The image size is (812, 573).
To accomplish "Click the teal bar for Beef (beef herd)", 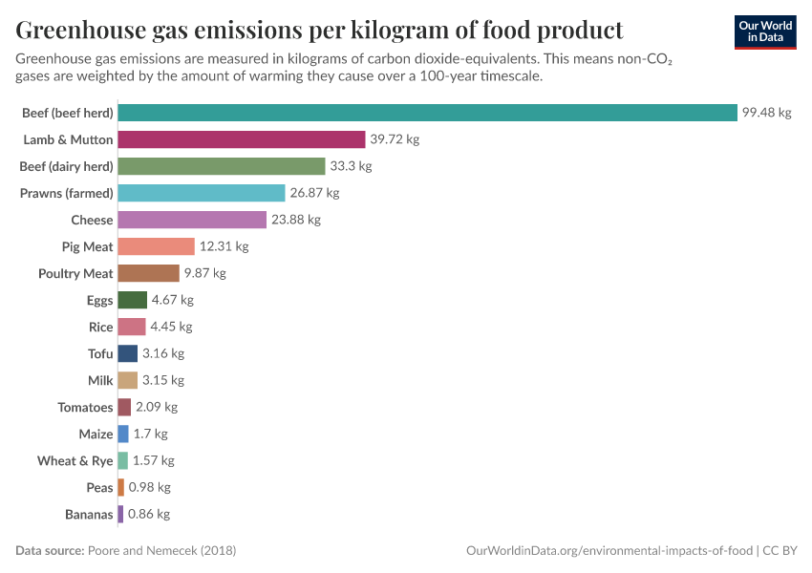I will pyautogui.click(x=427, y=113).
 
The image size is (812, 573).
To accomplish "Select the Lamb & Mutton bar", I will pyautogui.click(x=242, y=139).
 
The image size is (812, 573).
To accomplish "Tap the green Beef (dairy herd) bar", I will pyautogui.click(x=222, y=166).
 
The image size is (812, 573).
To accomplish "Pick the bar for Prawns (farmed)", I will pyautogui.click(x=202, y=193).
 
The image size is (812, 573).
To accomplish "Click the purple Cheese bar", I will pyautogui.click(x=192, y=220).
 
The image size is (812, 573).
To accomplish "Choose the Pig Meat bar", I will pyautogui.click(x=157, y=246).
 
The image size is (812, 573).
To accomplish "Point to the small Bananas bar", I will pyautogui.click(x=120, y=514).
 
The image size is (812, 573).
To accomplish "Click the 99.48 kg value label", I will pyautogui.click(x=767, y=113).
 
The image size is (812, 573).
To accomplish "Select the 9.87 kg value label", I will pyautogui.click(x=204, y=273).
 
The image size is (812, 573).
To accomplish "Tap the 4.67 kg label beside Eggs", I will pyautogui.click(x=172, y=300).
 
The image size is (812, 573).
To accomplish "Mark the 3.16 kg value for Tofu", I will pyautogui.click(x=162, y=353).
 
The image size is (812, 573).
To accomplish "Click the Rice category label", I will pyautogui.click(x=100, y=327).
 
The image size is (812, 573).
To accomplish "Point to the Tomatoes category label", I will pyautogui.click(x=85, y=407).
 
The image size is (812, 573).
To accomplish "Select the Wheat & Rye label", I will pyautogui.click(x=75, y=460).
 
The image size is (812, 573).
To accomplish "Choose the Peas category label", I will pyautogui.click(x=99, y=487).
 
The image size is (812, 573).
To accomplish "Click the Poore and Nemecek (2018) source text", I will pyautogui.click(x=161, y=551).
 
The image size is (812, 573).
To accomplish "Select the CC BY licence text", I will pyautogui.click(x=780, y=551).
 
